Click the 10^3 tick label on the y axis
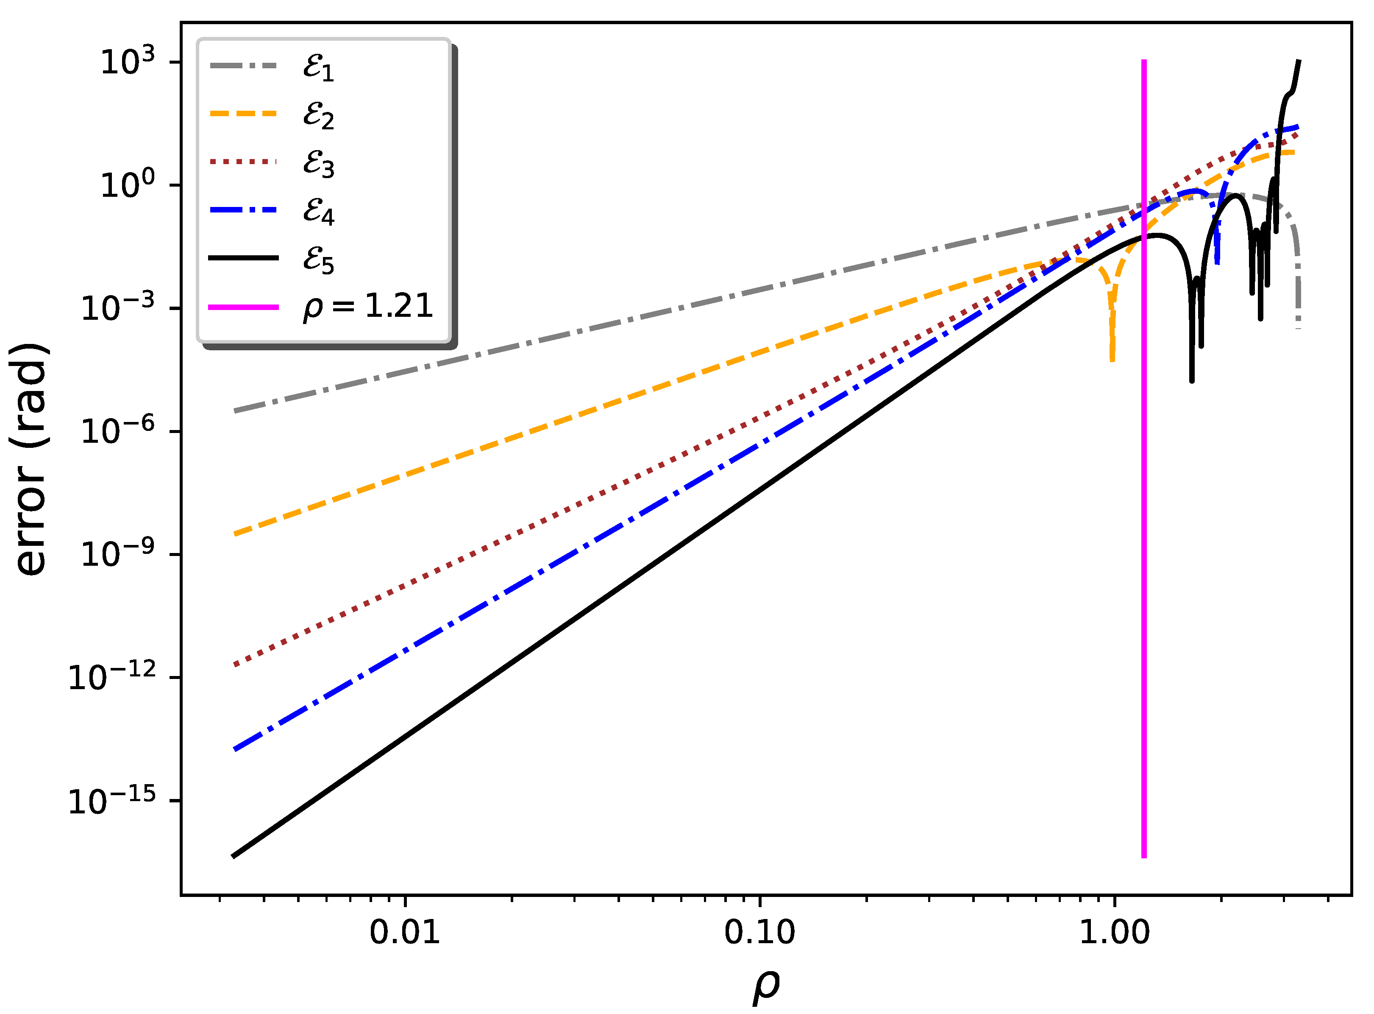128,61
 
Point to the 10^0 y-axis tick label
128,184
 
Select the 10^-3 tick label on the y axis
118,307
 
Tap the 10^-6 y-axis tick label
118,430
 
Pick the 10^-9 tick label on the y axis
118,553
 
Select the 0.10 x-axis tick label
759,933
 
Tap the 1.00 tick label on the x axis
1114,933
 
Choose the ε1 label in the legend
318,67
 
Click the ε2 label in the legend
318,115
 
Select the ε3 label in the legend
318,163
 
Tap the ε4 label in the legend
318,211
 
